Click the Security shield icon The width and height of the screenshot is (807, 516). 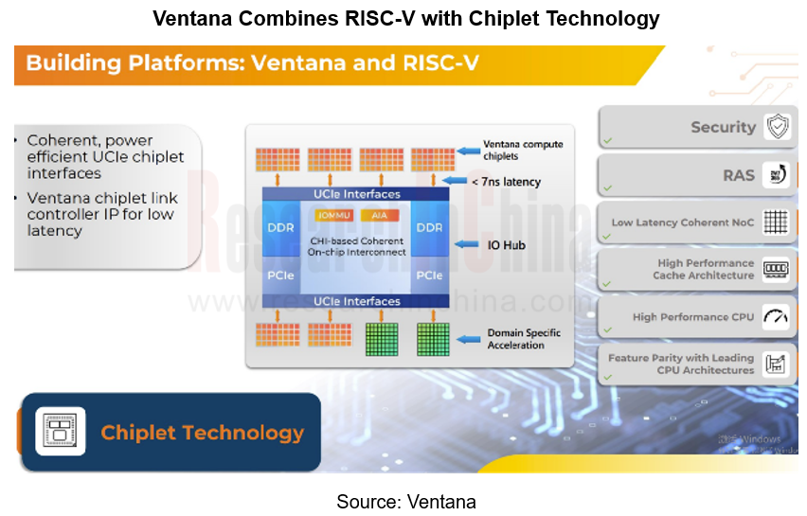[778, 127]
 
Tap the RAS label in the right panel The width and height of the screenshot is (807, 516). [738, 175]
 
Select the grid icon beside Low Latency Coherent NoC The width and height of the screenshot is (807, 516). [777, 222]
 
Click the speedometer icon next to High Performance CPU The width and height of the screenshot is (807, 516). [777, 317]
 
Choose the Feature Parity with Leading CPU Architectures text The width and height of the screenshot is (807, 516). [681, 365]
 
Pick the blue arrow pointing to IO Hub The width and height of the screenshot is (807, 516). [468, 245]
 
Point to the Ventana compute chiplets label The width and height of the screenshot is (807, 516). [523, 150]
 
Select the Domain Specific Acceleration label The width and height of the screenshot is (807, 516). [524, 339]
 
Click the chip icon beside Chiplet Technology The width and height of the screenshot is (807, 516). [61, 432]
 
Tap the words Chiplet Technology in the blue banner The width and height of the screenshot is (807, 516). [203, 433]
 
